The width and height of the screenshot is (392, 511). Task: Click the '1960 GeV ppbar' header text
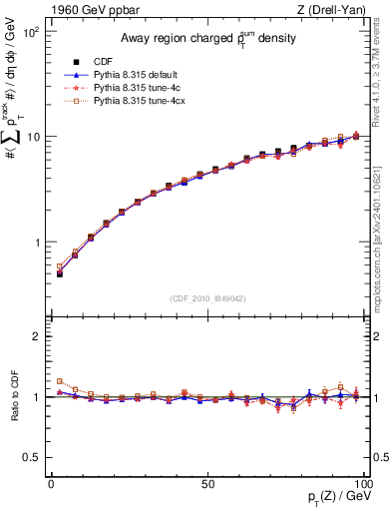click(87, 10)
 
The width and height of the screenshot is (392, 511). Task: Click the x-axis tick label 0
click(51, 483)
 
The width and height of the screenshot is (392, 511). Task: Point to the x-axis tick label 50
click(206, 483)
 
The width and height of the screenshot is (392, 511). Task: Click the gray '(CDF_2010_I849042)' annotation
click(206, 296)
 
